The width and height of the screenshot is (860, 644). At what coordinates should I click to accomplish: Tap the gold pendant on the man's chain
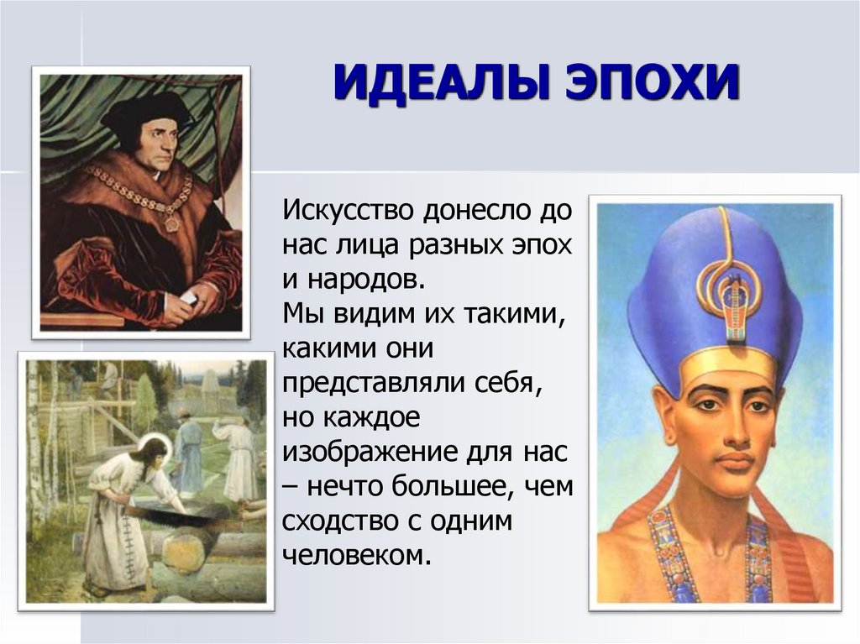171,224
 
